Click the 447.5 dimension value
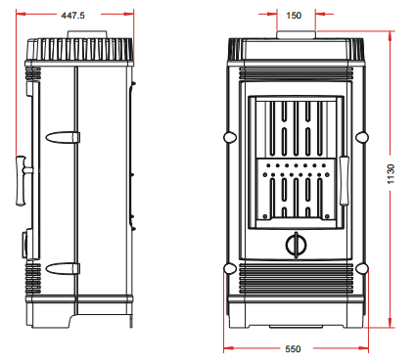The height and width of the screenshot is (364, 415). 72,15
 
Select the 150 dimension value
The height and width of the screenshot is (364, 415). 294,16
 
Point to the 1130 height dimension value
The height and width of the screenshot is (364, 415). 391,174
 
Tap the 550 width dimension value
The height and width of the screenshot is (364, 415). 293,349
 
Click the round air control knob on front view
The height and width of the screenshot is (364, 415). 297,245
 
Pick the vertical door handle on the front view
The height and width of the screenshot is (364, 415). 345,181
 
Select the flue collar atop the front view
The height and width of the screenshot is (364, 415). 297,34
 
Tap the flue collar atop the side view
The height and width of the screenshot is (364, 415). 87,34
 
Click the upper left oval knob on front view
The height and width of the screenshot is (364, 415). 230,137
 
